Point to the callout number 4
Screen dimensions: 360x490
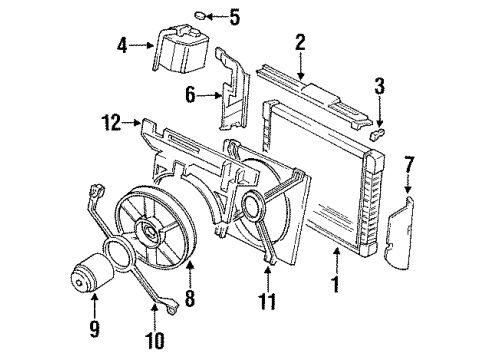click(x=122, y=44)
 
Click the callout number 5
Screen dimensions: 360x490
click(x=235, y=15)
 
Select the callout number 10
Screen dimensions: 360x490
click(x=152, y=342)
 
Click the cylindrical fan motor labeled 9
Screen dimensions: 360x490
click(x=93, y=276)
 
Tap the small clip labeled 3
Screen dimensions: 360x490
click(x=378, y=130)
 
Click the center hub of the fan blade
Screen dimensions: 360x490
click(x=152, y=231)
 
